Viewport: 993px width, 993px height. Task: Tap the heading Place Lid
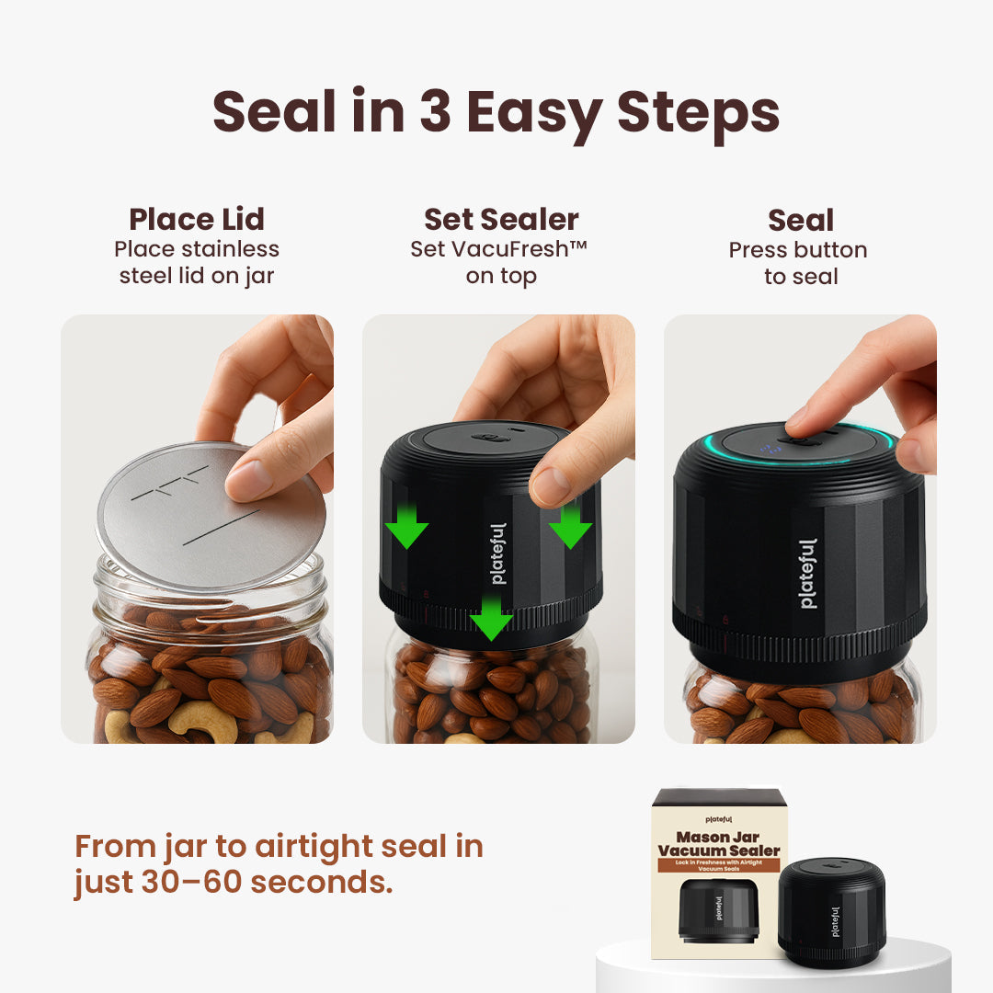pyautogui.click(x=197, y=220)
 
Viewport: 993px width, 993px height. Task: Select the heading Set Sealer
pyautogui.click(x=501, y=220)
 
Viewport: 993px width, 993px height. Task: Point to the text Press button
pyautogui.click(x=798, y=250)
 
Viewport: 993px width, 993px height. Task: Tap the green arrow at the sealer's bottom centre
pyautogui.click(x=492, y=619)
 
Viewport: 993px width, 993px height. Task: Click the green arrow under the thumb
pyautogui.click(x=570, y=524)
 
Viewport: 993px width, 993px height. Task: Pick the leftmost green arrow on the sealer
pyautogui.click(x=405, y=525)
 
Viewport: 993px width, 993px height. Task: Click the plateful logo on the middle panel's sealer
pyautogui.click(x=498, y=554)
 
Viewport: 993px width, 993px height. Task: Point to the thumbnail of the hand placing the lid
pyautogui.click(x=197, y=529)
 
